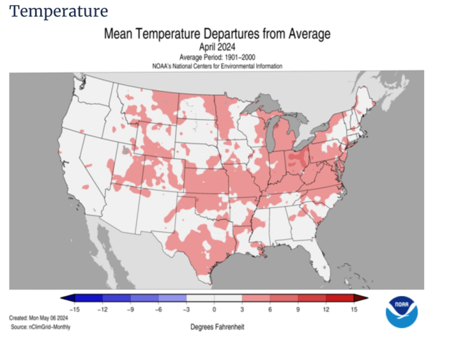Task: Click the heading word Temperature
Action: coord(59,11)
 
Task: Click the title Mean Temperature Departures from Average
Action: coord(217,34)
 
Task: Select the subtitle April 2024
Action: coord(217,47)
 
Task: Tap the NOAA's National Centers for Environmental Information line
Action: coord(217,66)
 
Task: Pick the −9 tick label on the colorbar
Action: coord(130,309)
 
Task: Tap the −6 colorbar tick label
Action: coord(158,309)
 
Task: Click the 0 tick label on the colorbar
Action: coord(214,309)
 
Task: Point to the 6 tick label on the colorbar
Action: coord(270,309)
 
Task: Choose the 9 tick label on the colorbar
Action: coord(298,309)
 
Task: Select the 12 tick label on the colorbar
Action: coord(326,309)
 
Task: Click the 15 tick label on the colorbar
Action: coord(355,309)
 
